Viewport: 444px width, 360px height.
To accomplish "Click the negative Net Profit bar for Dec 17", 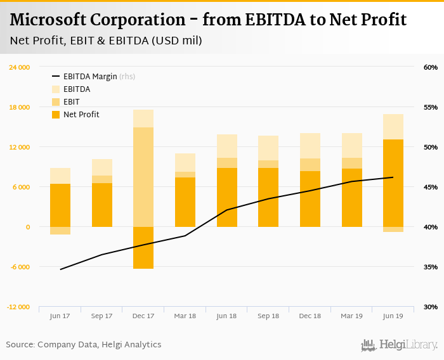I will pos(143,247).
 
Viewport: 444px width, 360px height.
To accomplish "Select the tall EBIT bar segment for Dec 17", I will pos(143,177).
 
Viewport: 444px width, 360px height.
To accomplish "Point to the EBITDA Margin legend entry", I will pos(89,77).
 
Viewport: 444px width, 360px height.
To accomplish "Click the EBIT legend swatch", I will pos(55,102).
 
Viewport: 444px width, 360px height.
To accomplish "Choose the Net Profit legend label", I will pos(81,115).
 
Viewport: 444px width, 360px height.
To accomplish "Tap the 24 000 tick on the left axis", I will pos(19,67).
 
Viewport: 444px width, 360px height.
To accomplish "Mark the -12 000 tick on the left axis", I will pos(18,307).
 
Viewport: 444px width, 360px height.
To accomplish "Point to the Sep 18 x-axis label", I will pos(268,316).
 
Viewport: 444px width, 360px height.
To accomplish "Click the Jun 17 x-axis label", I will pos(60,316).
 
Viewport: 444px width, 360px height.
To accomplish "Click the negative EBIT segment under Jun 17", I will pos(60,231).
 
